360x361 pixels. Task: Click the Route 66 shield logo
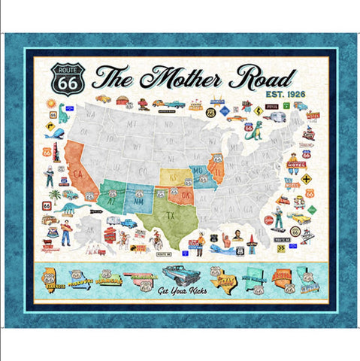pos(65,77)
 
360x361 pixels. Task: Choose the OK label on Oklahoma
pos(183,193)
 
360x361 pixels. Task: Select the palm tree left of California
pos(54,199)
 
